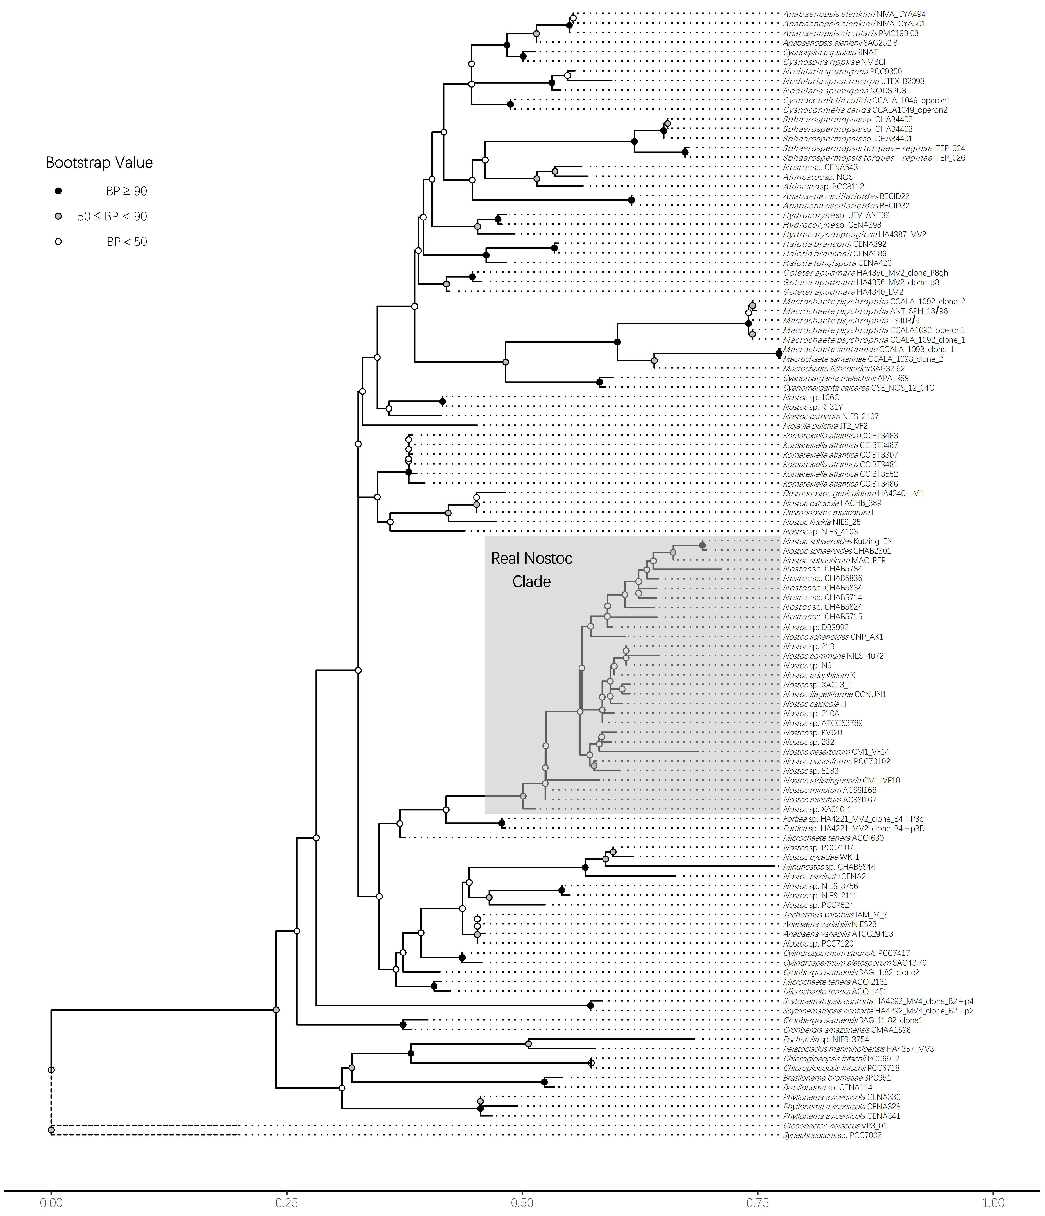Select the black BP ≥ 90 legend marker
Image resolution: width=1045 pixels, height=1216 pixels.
click(x=58, y=191)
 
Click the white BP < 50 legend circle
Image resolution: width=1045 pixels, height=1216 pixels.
click(x=58, y=241)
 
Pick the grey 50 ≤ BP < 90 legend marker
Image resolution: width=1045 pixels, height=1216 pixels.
click(x=58, y=216)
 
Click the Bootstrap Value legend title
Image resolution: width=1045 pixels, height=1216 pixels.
click(x=99, y=163)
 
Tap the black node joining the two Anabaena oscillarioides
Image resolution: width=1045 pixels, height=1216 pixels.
click(x=631, y=201)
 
